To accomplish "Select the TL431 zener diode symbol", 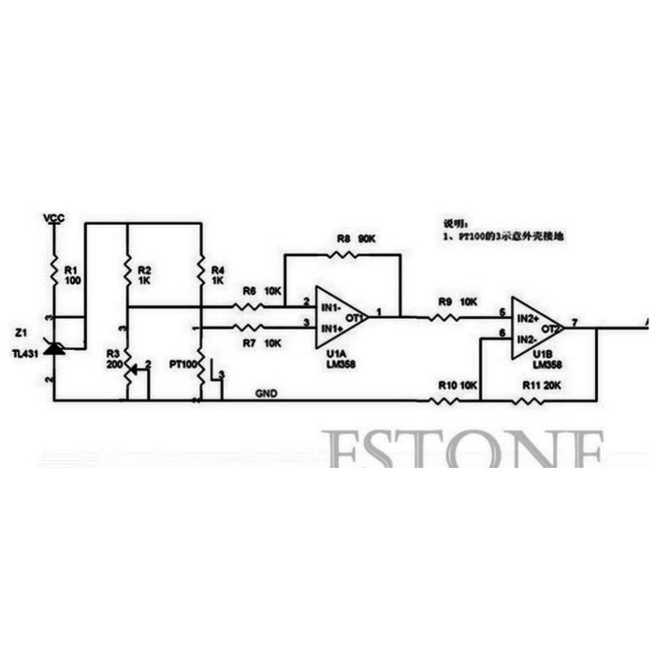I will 54,348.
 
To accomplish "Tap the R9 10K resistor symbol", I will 444,317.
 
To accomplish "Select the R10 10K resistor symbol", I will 444,400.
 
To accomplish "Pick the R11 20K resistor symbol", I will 529,400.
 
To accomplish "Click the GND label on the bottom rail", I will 267,394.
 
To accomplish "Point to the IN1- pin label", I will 328,306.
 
